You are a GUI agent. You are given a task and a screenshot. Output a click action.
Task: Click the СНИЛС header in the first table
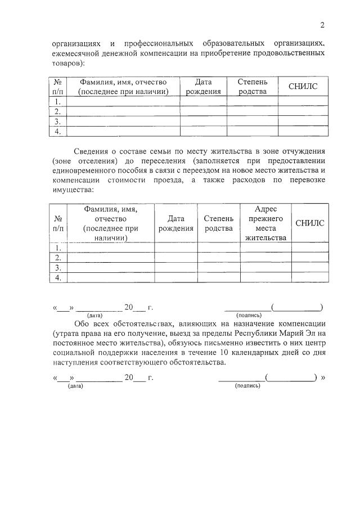point(303,86)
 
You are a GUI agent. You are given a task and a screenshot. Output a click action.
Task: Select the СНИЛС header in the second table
point(310,223)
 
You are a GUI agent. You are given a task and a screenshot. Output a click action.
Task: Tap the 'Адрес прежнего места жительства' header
point(265,223)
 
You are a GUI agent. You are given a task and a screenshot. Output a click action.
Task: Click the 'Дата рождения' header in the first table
point(203,86)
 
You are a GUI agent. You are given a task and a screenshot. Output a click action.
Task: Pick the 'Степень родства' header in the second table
point(218,223)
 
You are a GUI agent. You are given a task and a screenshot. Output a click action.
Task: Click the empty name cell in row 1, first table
point(123,101)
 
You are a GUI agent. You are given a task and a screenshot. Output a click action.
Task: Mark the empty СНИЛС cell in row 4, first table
point(303,132)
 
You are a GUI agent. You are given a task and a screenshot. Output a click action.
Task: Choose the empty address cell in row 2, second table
point(265,258)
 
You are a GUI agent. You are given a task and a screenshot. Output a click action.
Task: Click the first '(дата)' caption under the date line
point(94,316)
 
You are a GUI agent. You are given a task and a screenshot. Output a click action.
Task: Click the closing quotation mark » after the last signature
point(323,377)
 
